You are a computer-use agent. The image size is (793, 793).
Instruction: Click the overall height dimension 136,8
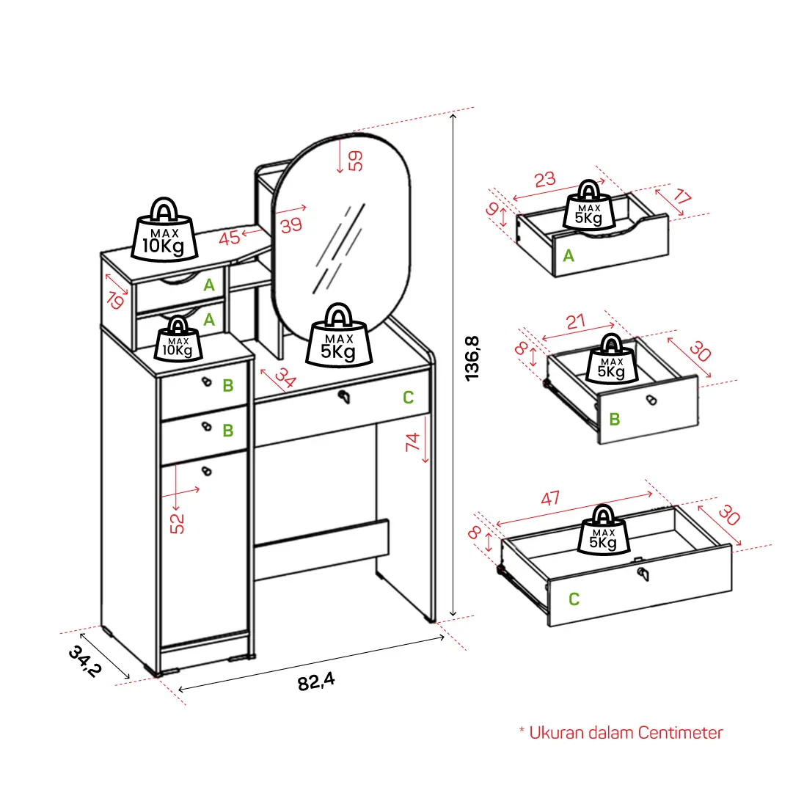(472, 358)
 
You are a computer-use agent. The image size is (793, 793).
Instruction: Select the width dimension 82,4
(316, 682)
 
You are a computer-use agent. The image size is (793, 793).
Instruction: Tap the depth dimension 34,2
(85, 661)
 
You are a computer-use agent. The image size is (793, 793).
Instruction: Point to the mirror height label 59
(356, 161)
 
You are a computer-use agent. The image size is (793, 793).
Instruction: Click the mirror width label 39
(291, 225)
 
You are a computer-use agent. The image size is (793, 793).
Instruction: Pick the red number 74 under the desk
(412, 442)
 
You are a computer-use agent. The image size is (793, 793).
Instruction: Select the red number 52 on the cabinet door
(178, 524)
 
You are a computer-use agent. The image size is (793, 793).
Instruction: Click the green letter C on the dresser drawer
(408, 398)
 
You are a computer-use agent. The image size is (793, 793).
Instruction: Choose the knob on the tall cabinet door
(206, 472)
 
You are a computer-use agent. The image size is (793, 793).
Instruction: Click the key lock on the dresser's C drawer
(344, 397)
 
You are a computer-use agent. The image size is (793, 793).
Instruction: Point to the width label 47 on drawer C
(550, 498)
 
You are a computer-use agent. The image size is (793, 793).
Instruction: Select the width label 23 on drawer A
(544, 180)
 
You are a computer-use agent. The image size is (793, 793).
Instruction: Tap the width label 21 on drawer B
(576, 321)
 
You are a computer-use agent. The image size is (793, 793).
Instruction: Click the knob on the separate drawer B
(651, 400)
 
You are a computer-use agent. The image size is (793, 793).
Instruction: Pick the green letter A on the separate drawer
(569, 255)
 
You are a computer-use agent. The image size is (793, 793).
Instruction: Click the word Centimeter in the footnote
(680, 733)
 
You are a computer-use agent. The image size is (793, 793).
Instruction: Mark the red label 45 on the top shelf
(229, 238)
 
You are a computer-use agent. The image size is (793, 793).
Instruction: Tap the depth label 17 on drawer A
(681, 196)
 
